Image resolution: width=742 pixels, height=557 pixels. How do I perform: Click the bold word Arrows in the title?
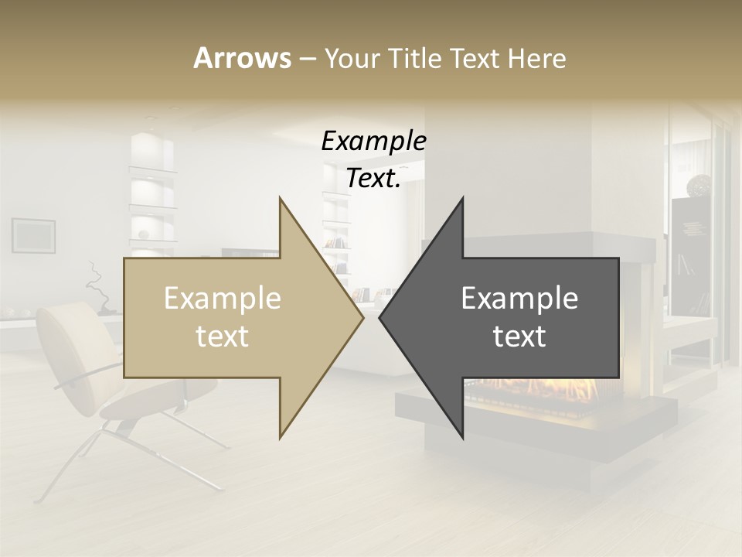point(242,58)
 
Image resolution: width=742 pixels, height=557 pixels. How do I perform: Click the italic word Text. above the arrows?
point(373,179)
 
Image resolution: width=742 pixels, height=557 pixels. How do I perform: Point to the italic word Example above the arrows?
point(373,142)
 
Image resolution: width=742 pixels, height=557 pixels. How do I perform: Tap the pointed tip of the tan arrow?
point(362,317)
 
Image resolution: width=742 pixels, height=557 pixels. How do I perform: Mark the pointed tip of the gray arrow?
point(381,317)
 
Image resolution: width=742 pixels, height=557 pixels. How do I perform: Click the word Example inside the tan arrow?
point(223,299)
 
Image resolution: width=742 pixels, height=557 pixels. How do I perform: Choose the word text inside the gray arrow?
point(519,336)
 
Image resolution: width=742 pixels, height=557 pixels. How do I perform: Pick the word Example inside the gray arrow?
point(519,299)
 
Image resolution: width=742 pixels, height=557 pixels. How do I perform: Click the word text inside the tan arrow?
point(223,336)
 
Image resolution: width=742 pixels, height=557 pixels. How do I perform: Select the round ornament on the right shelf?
point(699,185)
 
